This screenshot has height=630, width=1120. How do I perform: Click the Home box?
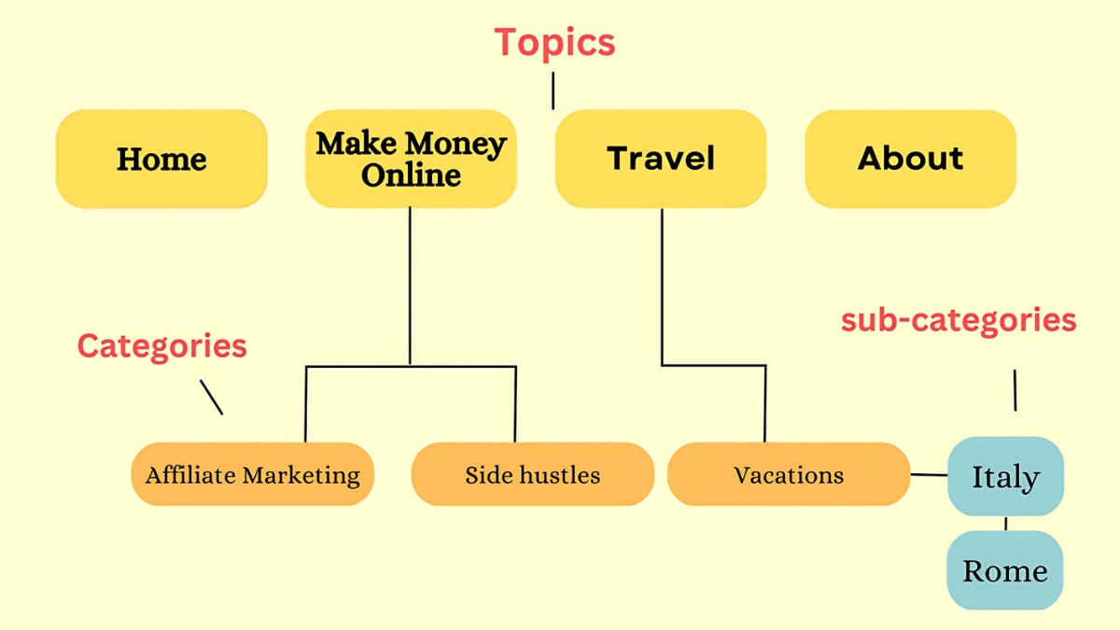(161, 159)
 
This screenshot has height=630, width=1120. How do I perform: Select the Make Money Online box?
(411, 159)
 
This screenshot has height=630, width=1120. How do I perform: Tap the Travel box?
(661, 159)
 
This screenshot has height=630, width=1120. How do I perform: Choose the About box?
(911, 159)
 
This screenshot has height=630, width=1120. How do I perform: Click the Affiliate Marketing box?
(253, 474)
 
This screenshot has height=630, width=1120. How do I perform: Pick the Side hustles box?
(533, 474)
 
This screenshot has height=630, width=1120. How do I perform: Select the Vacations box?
(789, 474)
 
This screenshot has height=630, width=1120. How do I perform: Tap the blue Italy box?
(1005, 476)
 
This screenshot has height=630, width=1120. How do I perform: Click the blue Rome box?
(1005, 570)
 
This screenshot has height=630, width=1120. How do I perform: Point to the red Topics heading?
(554, 43)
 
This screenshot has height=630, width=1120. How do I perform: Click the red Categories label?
(162, 346)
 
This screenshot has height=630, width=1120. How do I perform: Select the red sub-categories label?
(959, 321)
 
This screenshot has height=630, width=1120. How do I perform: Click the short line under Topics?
(553, 91)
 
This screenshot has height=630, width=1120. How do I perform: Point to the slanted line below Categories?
(212, 397)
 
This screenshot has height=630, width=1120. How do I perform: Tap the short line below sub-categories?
(1015, 390)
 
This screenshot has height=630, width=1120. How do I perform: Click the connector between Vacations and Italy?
(929, 474)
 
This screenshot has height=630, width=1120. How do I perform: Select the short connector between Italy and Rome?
(1005, 524)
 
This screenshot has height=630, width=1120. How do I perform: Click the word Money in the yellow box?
(456, 144)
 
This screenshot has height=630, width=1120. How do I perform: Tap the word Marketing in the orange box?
(301, 475)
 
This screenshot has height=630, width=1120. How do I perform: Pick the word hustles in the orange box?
(560, 475)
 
